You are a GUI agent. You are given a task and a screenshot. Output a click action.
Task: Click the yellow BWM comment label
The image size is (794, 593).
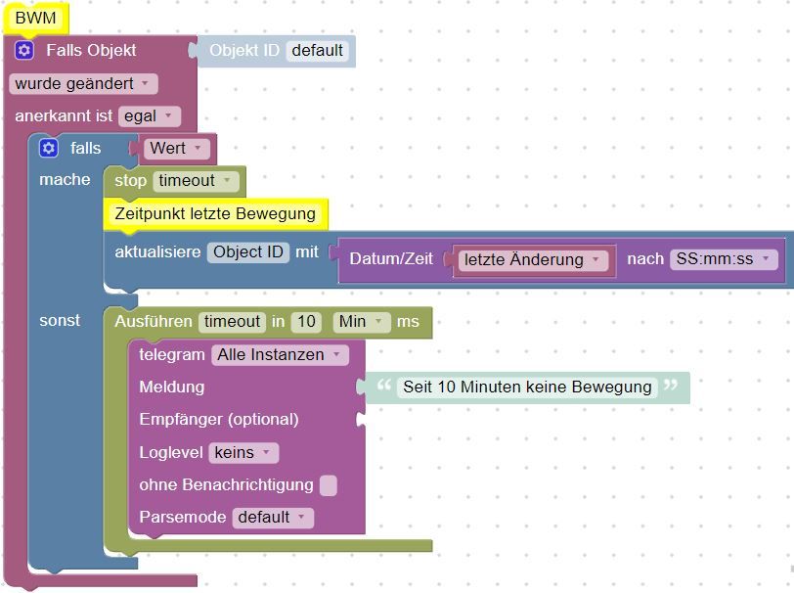pos(35,19)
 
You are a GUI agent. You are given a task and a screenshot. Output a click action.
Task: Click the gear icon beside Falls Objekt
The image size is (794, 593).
pos(24,50)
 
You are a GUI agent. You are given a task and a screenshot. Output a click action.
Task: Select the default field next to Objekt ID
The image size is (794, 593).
pos(318,51)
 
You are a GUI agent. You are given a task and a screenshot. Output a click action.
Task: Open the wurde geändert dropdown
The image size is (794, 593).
pos(83,83)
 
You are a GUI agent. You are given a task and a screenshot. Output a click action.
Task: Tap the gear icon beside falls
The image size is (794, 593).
pos(49,148)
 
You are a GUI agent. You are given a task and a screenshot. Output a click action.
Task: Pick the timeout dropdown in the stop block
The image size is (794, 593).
pos(196,181)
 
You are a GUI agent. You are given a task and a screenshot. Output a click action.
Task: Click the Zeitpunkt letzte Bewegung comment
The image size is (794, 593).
pos(215,214)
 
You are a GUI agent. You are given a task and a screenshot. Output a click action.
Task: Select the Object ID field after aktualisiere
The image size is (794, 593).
pos(248,251)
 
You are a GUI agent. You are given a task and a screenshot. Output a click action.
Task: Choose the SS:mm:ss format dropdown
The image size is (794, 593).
pos(724,259)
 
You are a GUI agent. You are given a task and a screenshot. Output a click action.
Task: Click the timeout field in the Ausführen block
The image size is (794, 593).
pos(232,322)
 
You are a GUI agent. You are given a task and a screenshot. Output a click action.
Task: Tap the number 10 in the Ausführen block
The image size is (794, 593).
pos(306,322)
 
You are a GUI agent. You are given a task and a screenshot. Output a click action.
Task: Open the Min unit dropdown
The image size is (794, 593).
pos(362,322)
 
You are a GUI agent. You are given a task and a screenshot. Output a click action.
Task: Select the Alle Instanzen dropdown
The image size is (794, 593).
pos(280,355)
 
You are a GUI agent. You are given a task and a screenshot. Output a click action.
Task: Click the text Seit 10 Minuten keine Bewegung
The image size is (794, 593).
pos(527,388)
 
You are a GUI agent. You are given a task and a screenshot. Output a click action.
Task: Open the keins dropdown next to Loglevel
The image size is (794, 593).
pos(244,453)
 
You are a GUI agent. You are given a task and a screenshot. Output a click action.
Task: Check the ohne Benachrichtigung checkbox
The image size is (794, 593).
pos(329,485)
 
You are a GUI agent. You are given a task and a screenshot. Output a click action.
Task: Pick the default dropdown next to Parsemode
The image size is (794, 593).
pos(273,518)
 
